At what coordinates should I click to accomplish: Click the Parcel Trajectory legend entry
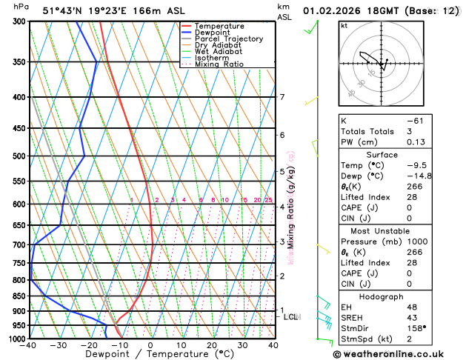228,39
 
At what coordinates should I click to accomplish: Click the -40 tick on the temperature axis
29,345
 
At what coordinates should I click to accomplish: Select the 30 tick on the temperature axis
242,345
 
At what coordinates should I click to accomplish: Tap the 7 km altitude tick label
282,97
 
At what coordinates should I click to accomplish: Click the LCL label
291,317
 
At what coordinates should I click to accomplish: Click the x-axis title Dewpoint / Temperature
150,354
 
